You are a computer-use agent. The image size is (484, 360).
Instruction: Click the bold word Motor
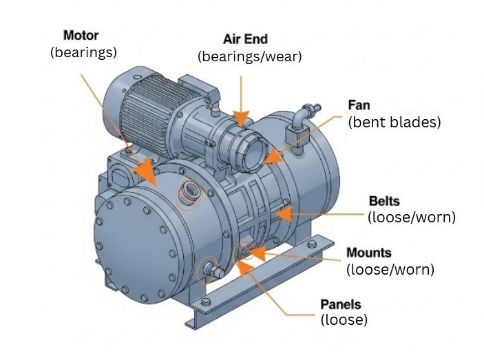click(81, 36)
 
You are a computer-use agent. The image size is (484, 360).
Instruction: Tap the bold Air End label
click(245, 39)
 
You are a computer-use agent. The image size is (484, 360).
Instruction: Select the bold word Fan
click(359, 105)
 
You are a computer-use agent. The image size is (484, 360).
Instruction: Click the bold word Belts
click(384, 201)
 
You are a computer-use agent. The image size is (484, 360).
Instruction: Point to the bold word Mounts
click(369, 253)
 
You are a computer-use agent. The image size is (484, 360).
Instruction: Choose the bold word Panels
click(341, 304)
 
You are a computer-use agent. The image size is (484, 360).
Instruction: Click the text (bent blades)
click(394, 122)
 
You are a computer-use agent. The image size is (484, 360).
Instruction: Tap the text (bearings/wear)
click(250, 56)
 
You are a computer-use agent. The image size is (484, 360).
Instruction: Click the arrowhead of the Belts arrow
click(284, 214)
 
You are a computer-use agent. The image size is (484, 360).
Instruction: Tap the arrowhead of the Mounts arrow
click(256, 253)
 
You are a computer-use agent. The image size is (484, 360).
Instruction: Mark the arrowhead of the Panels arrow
click(245, 268)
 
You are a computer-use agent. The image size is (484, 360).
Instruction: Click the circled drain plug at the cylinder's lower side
click(213, 269)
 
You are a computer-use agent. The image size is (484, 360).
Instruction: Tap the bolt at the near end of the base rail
click(206, 301)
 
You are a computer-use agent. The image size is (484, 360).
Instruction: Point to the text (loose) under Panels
click(344, 319)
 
